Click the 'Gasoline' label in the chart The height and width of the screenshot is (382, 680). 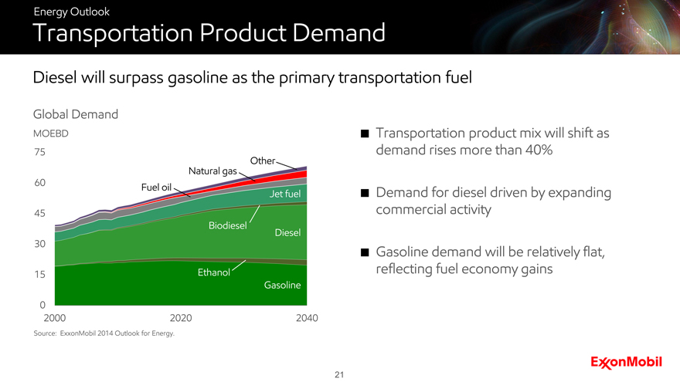[282, 286]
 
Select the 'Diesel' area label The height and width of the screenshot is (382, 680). [287, 233]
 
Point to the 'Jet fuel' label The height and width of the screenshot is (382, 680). [284, 194]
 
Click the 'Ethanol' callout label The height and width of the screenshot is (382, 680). [214, 273]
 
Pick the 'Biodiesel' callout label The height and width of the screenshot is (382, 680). [227, 225]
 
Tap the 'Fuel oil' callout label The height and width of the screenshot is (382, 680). [156, 187]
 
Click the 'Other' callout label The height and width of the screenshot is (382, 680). [263, 161]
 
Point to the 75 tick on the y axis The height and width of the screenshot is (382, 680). [39, 152]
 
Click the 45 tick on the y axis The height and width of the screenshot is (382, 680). [39, 213]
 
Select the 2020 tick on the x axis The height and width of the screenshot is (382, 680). [181, 318]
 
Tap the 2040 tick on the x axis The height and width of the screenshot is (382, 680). [306, 318]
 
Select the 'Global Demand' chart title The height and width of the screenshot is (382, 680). [75, 114]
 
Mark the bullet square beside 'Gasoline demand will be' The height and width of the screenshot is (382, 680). [363, 253]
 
